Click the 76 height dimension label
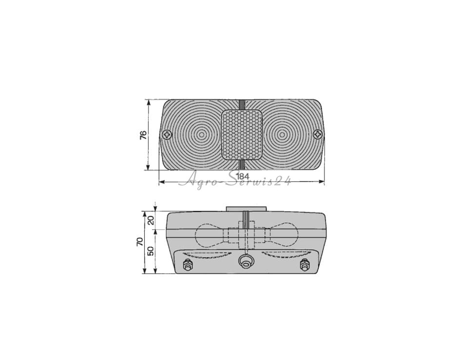[x=143, y=135]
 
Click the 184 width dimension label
[x=243, y=176]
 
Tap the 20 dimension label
[x=151, y=220]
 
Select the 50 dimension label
[x=151, y=251]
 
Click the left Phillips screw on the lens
[x=167, y=135]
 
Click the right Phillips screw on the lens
[x=317, y=134]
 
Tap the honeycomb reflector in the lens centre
[x=242, y=135]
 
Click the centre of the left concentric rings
[x=202, y=135]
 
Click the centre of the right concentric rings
[x=282, y=135]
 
